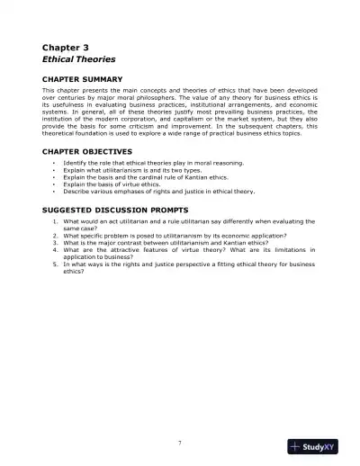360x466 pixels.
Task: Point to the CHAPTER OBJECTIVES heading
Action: tap(87, 150)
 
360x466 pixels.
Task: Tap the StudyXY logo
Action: tap(320, 447)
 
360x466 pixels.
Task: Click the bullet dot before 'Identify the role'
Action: tap(55, 163)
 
